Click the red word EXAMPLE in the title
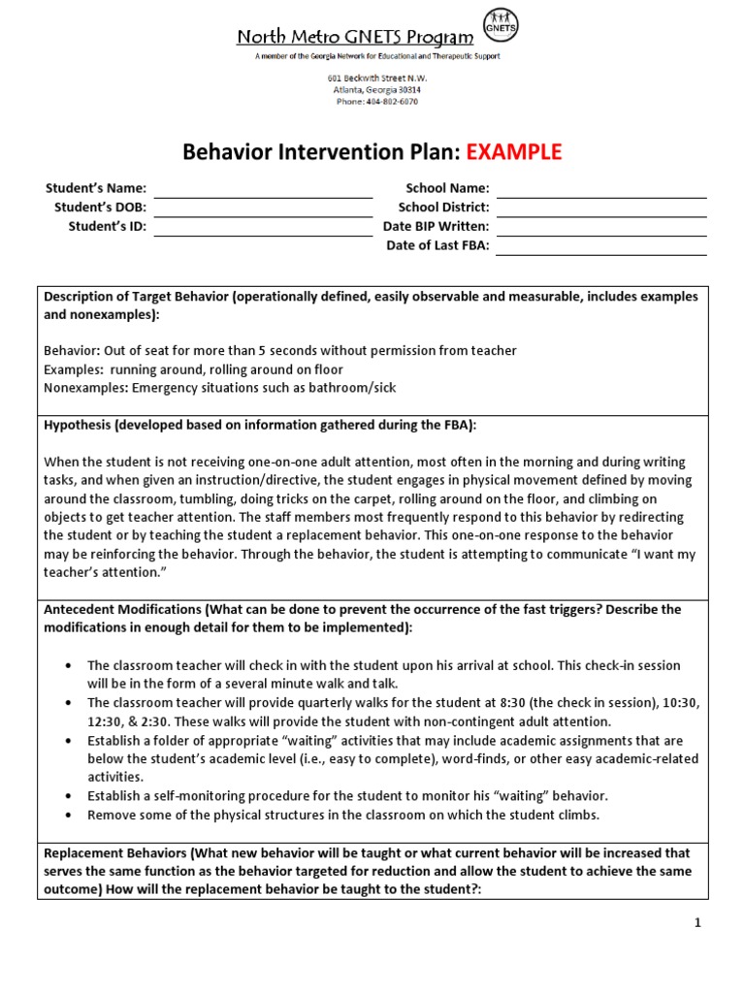pos(513,152)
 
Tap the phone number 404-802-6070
pos(377,102)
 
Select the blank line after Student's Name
pos(263,190)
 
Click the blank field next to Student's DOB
pos(263,208)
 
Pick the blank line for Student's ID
pos(263,228)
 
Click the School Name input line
pos(600,190)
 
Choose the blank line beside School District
pos(600,208)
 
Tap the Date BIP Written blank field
pos(600,228)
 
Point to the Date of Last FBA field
pos(600,247)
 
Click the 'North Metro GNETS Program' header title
pos(355,38)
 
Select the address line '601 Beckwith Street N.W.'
pos(377,78)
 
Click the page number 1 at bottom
pos(696,923)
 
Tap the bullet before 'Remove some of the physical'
pos(67,815)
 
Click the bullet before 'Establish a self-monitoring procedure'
pos(67,796)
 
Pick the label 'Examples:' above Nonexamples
pos(73,369)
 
